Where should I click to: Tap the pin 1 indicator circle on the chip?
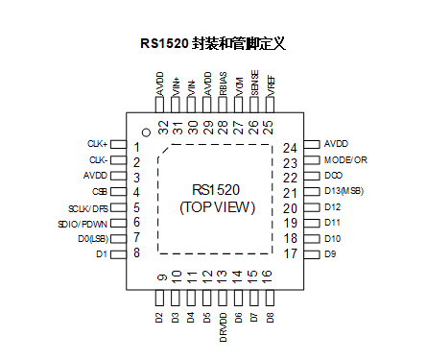146,132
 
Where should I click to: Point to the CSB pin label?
100,192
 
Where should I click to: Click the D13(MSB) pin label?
344,192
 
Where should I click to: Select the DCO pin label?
332,177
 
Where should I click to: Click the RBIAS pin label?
223,84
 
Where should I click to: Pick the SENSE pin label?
253,84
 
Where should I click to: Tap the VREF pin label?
269,85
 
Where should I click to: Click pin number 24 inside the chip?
291,148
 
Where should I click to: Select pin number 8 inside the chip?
136,253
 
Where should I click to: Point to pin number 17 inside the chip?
291,253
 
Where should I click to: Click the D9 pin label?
329,253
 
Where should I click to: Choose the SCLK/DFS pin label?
88,207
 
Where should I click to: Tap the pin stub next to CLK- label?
118,161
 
